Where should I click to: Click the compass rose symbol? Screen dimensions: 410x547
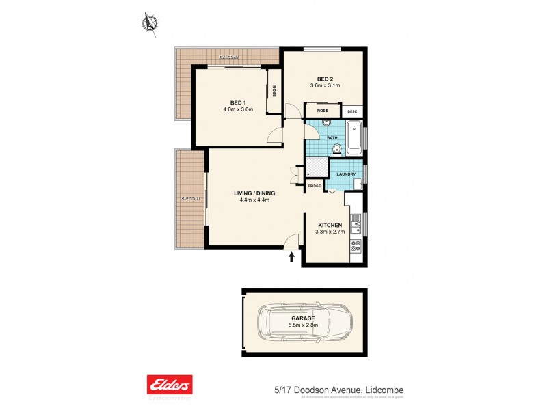(149, 23)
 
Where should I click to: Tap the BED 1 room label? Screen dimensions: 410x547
(238, 102)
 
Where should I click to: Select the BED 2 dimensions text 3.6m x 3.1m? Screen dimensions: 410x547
(325, 85)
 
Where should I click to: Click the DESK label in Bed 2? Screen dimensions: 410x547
(352, 111)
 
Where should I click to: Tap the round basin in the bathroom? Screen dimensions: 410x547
(327, 124)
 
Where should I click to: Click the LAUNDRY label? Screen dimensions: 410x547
(345, 174)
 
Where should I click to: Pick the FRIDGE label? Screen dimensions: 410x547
(314, 186)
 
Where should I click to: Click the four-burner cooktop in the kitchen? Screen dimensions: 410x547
(356, 247)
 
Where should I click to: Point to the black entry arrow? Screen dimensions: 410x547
(293, 257)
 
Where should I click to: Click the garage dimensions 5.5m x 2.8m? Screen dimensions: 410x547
(304, 325)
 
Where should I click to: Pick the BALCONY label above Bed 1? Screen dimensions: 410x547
(228, 57)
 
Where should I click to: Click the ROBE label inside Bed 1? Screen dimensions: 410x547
(274, 90)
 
